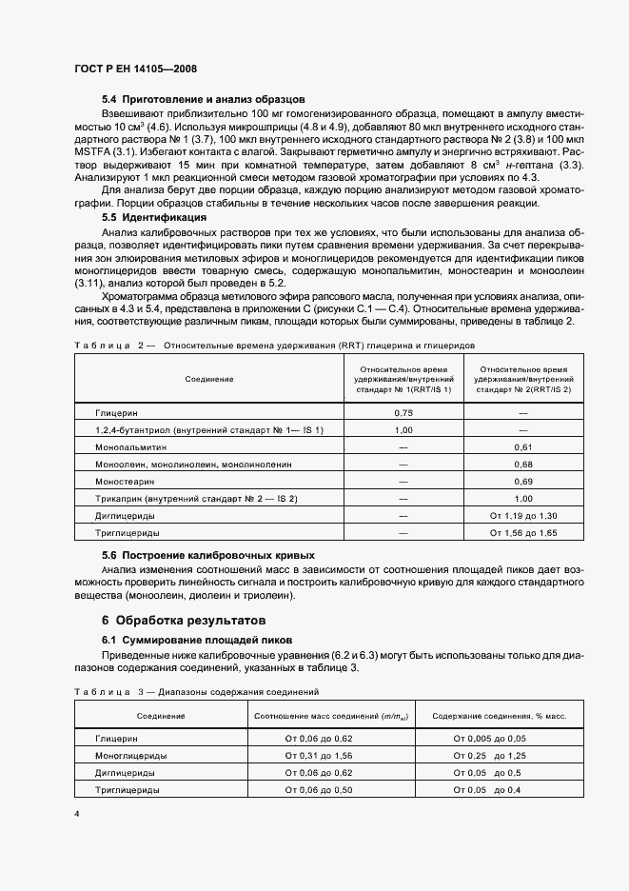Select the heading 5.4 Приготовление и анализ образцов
click(203, 99)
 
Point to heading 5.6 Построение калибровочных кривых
click(207, 554)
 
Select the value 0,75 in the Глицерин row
click(403, 413)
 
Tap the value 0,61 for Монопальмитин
click(522, 446)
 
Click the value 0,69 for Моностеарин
click(522, 481)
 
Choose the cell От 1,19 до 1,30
click(522, 515)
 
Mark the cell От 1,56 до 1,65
click(522, 532)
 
